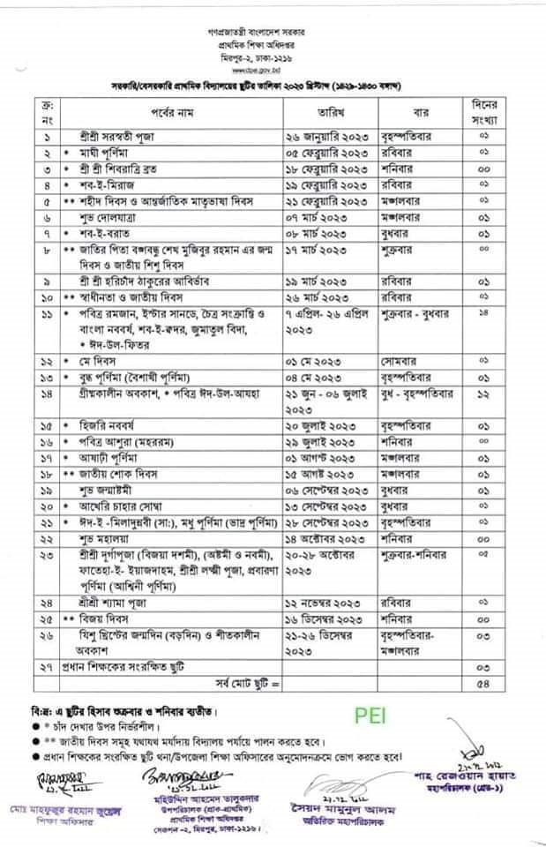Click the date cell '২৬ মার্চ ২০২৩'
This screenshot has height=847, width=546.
(318, 297)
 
